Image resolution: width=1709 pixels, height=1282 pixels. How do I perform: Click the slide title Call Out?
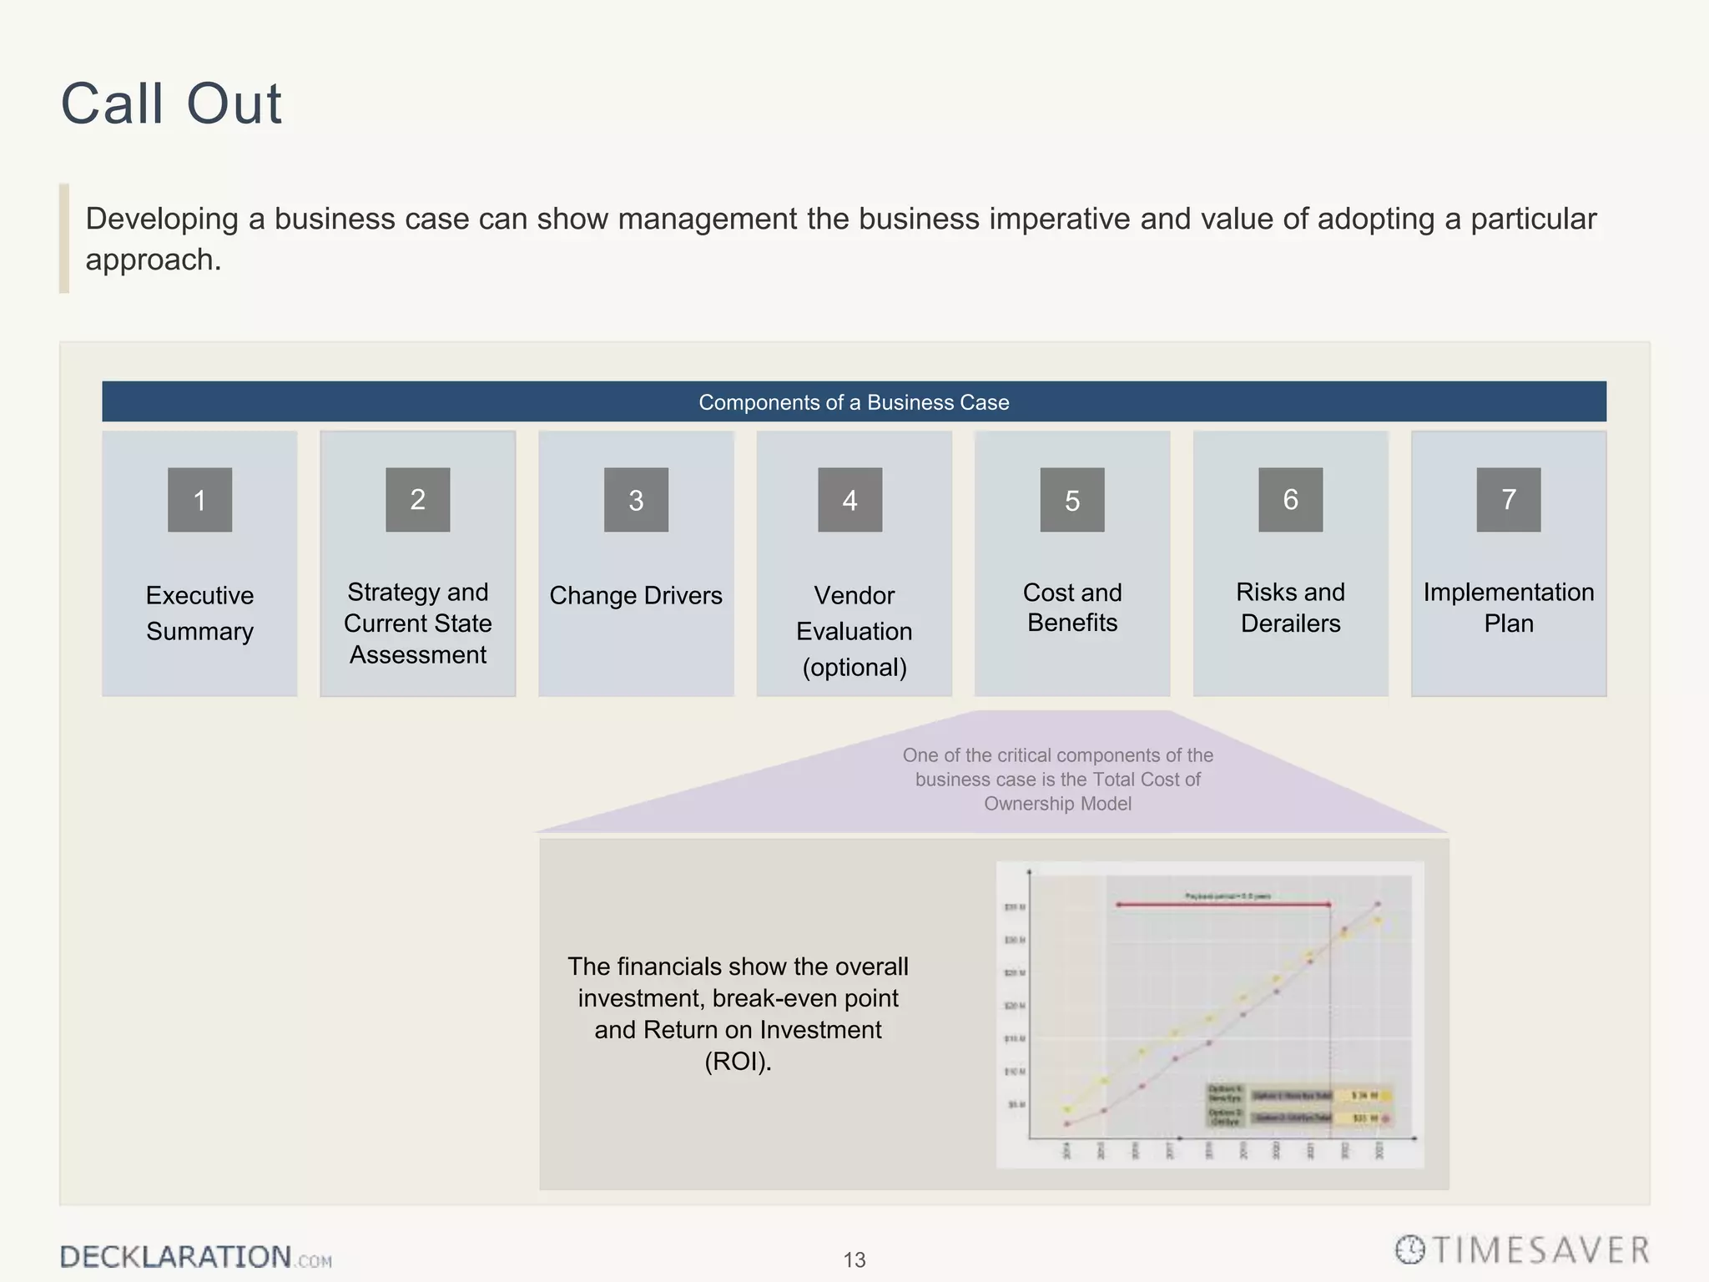point(171,104)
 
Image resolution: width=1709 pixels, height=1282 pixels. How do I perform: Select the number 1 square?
point(199,500)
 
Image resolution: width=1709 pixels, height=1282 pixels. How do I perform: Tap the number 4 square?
point(849,500)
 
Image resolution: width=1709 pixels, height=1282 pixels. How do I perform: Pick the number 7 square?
point(1508,500)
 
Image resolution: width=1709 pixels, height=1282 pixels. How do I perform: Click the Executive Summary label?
point(199,613)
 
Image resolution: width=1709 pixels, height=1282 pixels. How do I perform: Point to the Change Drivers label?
point(635,596)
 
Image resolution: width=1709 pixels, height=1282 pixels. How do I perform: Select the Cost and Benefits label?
point(1071,608)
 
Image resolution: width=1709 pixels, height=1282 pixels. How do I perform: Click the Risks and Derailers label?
point(1290,608)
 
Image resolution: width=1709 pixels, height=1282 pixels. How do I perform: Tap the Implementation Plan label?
point(1508,608)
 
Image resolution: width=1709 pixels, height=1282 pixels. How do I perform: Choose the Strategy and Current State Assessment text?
point(417,623)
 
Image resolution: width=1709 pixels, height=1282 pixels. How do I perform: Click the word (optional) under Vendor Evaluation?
point(854,668)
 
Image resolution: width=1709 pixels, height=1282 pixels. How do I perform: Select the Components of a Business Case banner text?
point(854,402)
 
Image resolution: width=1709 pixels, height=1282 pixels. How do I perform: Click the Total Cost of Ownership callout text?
point(1057,780)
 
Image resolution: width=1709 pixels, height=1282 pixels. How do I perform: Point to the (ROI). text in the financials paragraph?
point(738,1062)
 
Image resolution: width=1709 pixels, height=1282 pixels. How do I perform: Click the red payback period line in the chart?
point(1223,904)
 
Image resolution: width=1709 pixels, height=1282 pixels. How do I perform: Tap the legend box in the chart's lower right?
point(1298,1106)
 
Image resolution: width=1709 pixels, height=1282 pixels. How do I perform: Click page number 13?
point(854,1259)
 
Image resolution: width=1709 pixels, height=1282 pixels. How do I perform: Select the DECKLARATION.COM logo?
point(195,1257)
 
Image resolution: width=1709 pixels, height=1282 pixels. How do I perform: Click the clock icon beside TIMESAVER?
point(1409,1250)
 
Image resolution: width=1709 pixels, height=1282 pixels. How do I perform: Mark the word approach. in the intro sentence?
point(154,260)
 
